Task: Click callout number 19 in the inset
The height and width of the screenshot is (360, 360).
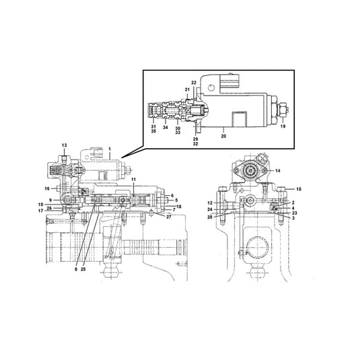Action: (x=282, y=125)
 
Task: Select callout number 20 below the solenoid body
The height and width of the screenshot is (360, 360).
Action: (x=223, y=135)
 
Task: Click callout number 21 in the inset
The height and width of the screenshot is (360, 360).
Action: (x=188, y=89)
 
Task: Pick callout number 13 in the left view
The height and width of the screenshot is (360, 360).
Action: (x=65, y=145)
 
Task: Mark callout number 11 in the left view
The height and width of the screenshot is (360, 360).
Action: (x=133, y=180)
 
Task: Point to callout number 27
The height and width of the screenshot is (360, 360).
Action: (x=169, y=217)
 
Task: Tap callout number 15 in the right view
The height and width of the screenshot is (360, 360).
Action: (x=299, y=190)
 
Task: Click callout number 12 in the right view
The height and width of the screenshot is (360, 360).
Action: (x=210, y=203)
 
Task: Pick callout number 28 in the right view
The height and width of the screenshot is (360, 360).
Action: (x=210, y=217)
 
